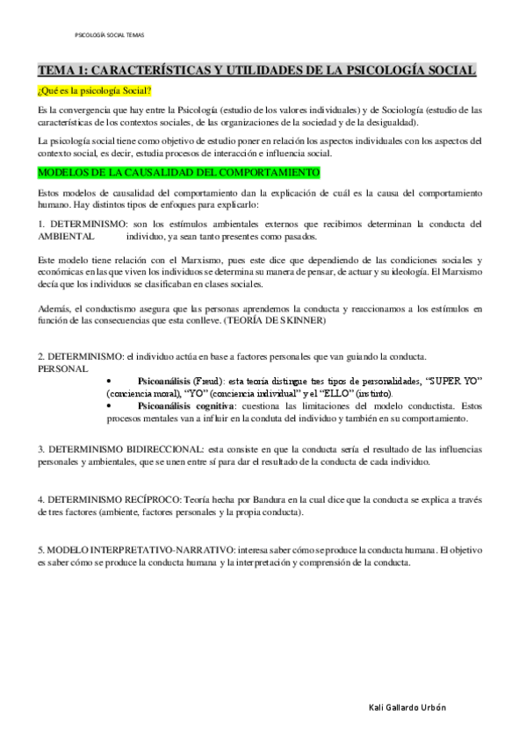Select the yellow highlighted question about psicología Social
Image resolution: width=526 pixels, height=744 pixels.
[x=94, y=91]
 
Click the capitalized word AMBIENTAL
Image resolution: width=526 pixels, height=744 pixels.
[x=66, y=236]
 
